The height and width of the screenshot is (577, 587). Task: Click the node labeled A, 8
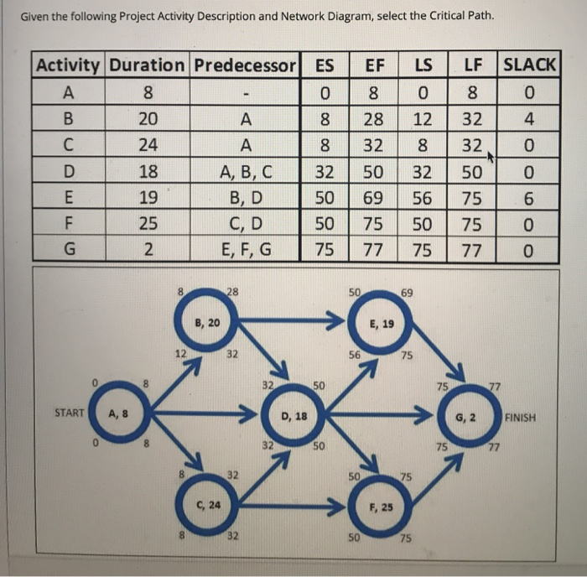120,413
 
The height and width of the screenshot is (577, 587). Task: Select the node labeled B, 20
206,322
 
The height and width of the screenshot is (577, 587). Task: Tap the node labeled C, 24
206,506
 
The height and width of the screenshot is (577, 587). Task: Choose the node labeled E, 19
382,322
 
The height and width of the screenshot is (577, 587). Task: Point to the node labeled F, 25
382,507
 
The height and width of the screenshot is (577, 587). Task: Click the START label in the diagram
68,413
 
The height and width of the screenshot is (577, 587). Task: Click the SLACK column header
529,64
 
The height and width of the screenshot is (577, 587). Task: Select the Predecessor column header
246,64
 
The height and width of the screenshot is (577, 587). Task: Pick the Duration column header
148,64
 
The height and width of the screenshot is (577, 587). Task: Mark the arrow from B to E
293,322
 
